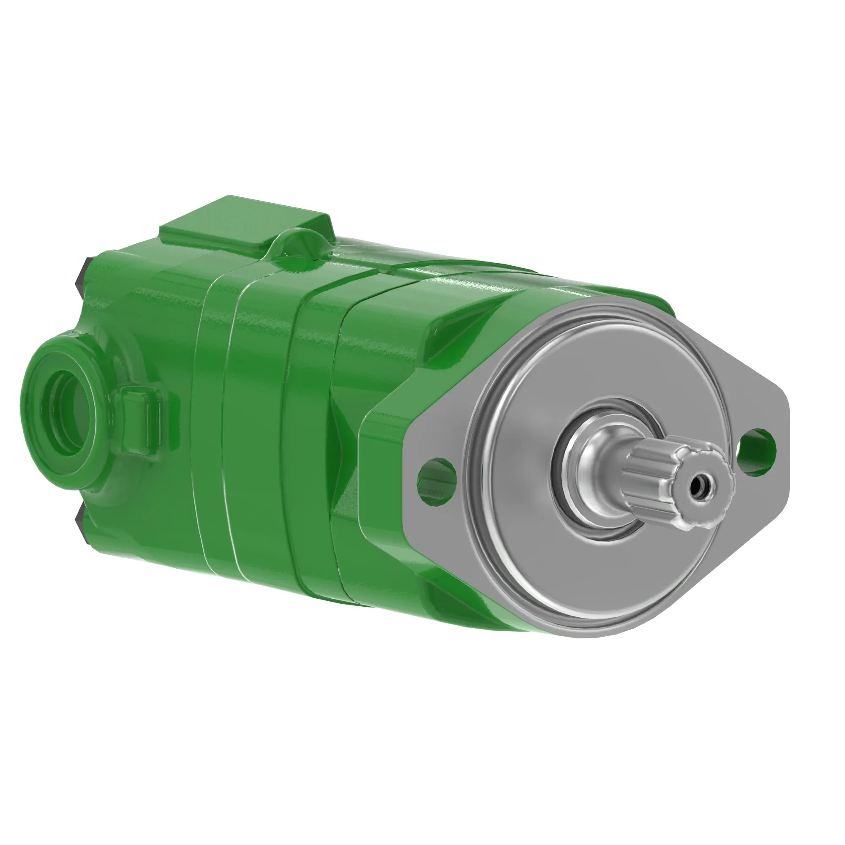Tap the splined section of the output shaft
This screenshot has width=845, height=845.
point(656,477)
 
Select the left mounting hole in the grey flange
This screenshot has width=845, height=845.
point(437,474)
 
